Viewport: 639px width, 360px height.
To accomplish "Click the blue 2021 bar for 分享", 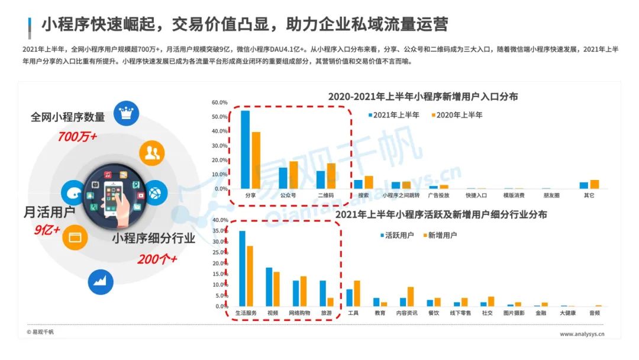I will [x=245, y=149].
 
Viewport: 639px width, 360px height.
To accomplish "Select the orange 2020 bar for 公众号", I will [x=293, y=175].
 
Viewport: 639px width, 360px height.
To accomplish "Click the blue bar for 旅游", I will [x=322, y=293].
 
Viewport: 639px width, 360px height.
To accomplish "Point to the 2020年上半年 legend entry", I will [x=456, y=115].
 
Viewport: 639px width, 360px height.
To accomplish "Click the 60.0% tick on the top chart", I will [x=220, y=102].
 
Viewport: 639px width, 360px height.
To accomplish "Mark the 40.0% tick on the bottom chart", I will [x=220, y=220].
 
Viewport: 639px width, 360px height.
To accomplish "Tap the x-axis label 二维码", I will [x=325, y=195].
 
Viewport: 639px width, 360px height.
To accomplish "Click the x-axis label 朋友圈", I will [x=551, y=195].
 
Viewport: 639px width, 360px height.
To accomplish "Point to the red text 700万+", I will [x=77, y=137].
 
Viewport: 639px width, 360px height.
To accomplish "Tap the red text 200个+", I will [x=157, y=259].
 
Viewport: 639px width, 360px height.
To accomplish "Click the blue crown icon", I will [x=125, y=114].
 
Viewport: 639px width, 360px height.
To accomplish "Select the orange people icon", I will [x=152, y=153].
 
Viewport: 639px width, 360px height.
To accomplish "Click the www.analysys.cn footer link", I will [x=582, y=334].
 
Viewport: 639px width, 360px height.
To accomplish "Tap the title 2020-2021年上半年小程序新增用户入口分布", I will [x=423, y=97].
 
